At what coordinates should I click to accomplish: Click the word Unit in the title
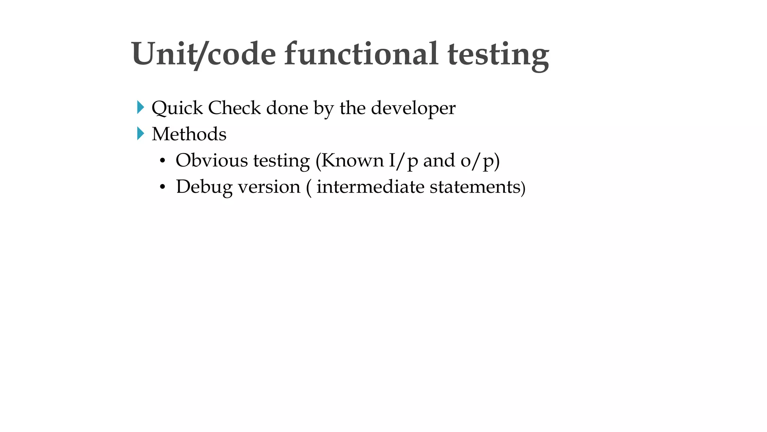pos(163,54)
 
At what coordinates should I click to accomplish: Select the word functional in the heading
pos(361,54)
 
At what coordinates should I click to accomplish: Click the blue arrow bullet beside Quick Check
pos(140,108)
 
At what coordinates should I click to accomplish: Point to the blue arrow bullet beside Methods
pos(140,133)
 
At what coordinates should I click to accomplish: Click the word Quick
pos(177,108)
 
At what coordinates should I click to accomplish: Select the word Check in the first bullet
pos(234,108)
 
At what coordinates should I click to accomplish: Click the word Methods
pos(189,134)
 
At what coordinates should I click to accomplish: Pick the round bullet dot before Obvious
pos(162,161)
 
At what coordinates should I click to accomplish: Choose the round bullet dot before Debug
pos(162,187)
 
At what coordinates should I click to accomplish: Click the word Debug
pos(204,187)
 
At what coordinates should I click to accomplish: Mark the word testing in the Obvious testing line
pos(281,161)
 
